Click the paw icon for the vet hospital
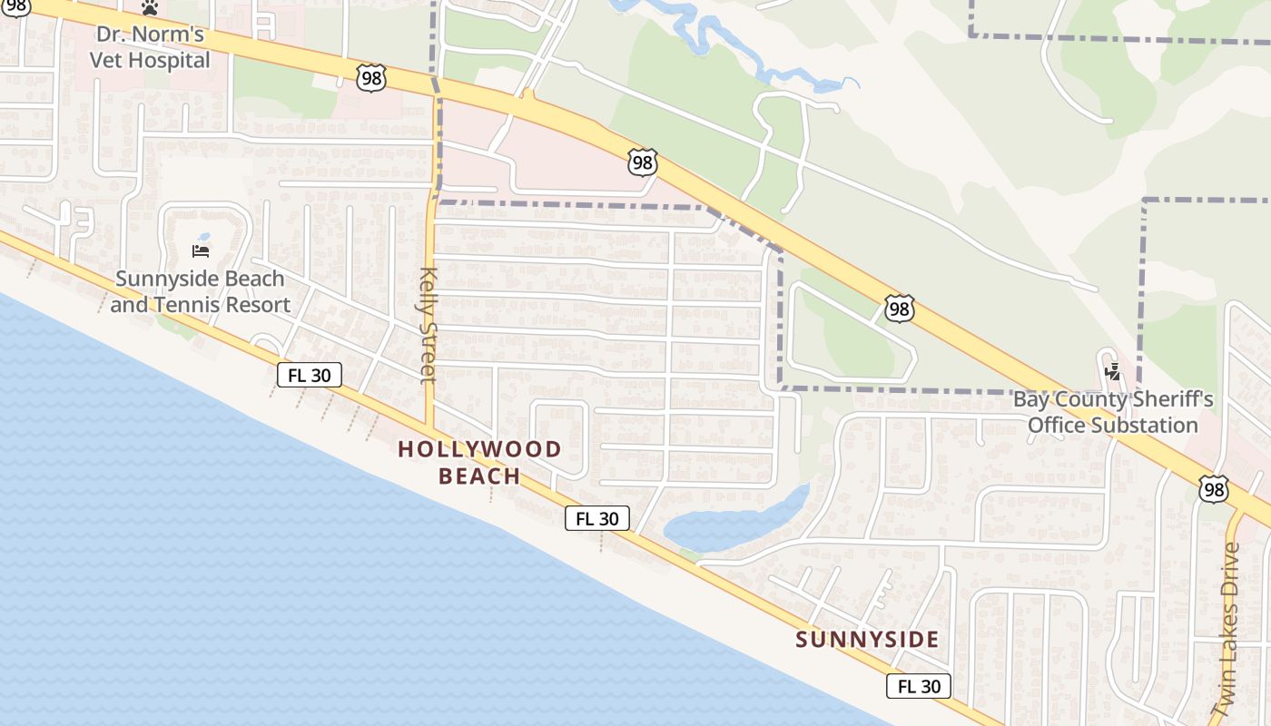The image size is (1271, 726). coord(150,7)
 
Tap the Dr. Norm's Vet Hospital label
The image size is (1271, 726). coord(150,48)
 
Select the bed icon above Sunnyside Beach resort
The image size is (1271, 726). coord(202,250)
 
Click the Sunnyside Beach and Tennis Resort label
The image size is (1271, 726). coord(200,291)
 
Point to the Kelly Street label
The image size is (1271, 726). coord(429,325)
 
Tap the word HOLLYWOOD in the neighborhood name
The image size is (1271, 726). coord(479,449)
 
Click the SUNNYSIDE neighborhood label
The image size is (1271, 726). coord(867,640)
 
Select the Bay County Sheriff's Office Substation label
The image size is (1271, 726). coord(1112,412)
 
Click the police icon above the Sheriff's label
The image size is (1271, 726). coord(1112,371)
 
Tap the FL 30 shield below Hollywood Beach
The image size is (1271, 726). coord(596,518)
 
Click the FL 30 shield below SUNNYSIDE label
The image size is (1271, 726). coord(919,686)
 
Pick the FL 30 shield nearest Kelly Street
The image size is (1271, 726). coord(309,375)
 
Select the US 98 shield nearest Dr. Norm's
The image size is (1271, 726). coord(371,78)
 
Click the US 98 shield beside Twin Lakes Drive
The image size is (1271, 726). coord(1213,490)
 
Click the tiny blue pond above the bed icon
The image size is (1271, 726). coord(203,237)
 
